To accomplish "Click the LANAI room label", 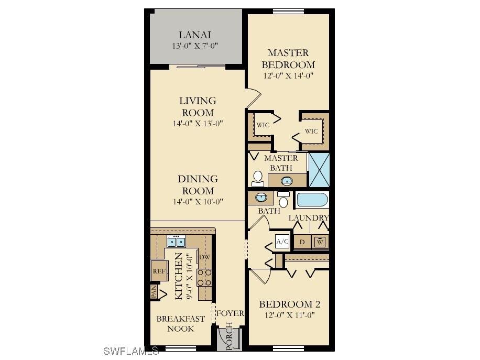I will (194, 35).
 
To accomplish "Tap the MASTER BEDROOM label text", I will (288, 59).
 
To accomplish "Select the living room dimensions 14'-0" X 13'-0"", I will (198, 124).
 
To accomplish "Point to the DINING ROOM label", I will (198, 184).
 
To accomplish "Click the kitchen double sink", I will (176, 242).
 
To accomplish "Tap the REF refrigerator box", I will (159, 271).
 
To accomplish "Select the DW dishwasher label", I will (204, 257).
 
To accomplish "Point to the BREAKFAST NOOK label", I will (180, 323).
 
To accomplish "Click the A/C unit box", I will (282, 242).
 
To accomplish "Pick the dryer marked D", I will (302, 242).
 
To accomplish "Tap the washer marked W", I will (320, 242).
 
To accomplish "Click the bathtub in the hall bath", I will (312, 200).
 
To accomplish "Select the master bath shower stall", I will (318, 170).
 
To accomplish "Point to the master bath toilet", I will (258, 178).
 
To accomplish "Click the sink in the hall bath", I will (260, 198).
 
